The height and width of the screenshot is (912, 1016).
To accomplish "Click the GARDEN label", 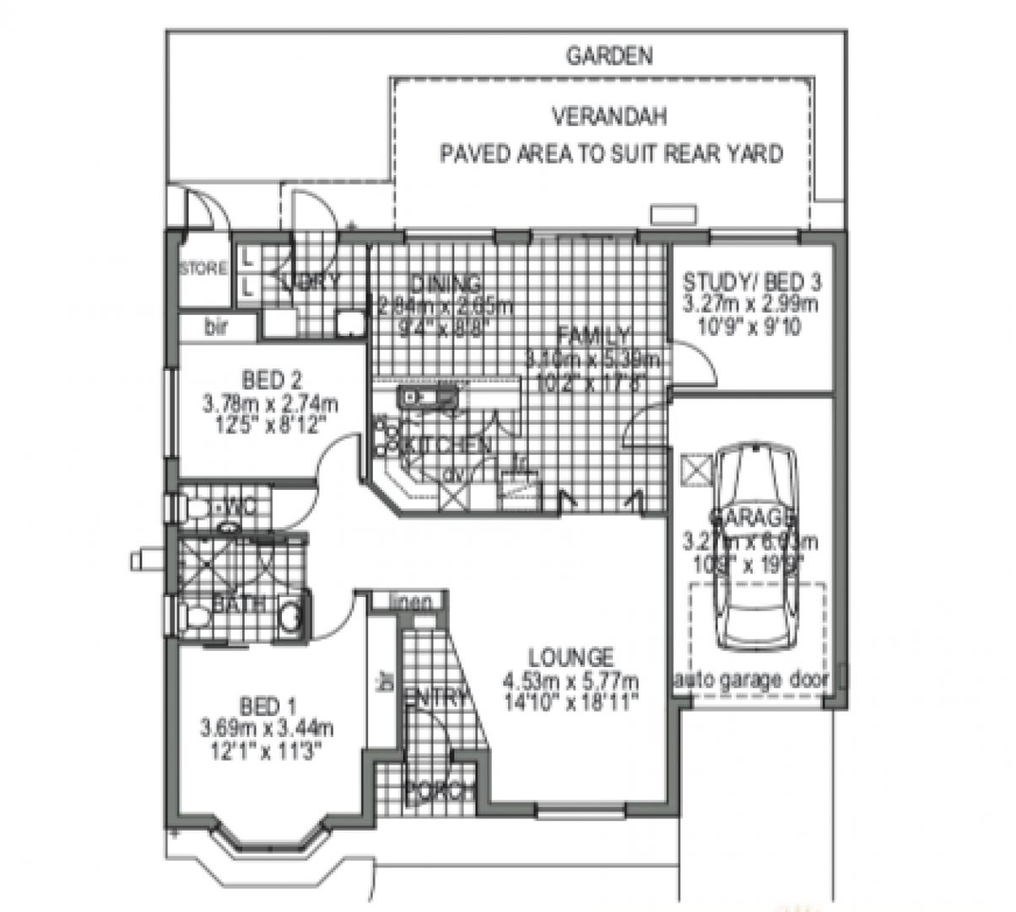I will [609, 57].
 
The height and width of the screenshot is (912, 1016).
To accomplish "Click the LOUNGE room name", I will [570, 656].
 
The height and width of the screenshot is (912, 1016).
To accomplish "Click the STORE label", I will [203, 269].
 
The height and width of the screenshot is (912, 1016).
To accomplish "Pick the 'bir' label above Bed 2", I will [217, 328].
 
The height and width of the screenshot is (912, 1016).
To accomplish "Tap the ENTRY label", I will [436, 698].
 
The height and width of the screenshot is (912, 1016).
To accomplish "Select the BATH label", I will [240, 604].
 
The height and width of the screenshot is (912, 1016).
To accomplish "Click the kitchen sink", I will [429, 397].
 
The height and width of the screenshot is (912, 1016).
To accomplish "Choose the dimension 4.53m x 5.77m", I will [570, 681].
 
